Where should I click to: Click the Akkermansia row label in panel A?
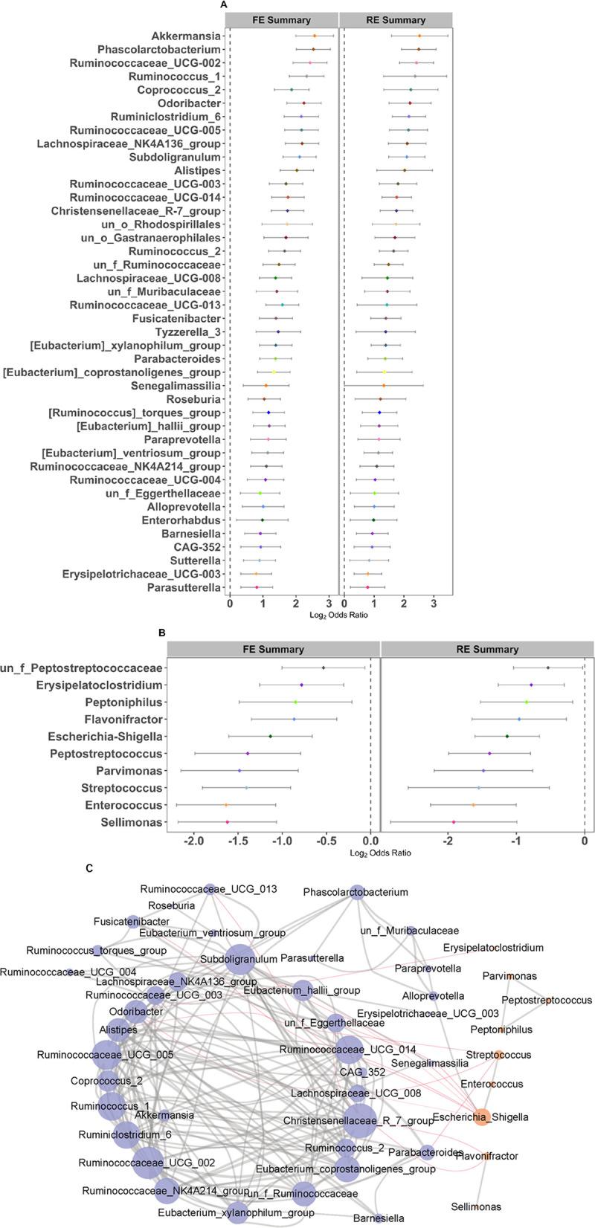(186, 36)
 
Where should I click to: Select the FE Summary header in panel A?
(282, 20)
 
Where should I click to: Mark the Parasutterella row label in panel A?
(184, 587)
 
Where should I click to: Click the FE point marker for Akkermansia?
(315, 36)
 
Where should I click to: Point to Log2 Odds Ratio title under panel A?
(338, 615)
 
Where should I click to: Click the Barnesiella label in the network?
(379, 1218)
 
